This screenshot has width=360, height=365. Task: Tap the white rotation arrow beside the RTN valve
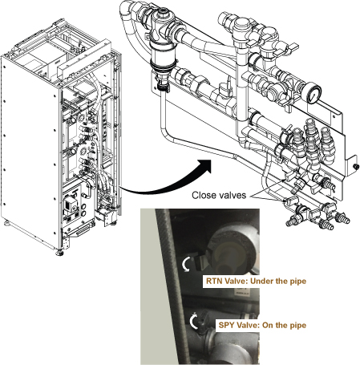pos(186,264)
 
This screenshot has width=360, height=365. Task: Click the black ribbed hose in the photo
pos(172,286)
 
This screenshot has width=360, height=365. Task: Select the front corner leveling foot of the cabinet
pos(60,252)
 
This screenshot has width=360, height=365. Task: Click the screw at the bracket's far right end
pos(355,166)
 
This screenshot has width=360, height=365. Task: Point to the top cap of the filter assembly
pos(163,13)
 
